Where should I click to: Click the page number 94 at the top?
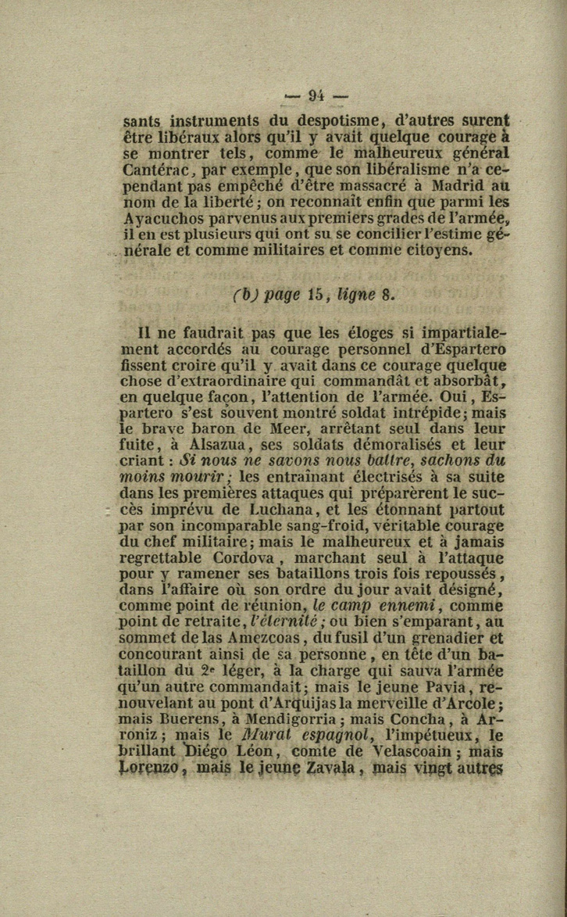pyautogui.click(x=316, y=96)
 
